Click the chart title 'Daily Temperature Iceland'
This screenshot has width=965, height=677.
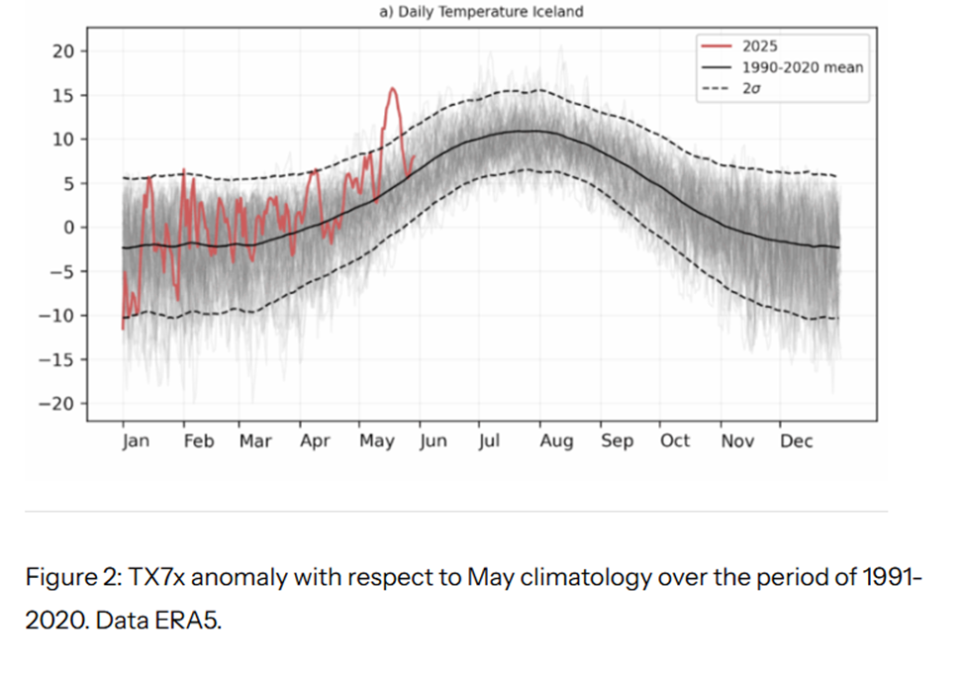click(x=490, y=12)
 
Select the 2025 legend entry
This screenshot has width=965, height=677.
click(x=759, y=47)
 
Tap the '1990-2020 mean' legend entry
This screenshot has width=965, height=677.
click(x=802, y=67)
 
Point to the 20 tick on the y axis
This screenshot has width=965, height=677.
click(x=62, y=51)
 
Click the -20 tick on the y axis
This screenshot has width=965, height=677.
click(x=58, y=404)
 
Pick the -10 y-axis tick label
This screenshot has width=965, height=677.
click(x=58, y=316)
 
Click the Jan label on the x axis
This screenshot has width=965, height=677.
click(x=136, y=441)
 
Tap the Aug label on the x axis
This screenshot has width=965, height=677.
click(x=556, y=441)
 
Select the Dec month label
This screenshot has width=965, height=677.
click(x=796, y=441)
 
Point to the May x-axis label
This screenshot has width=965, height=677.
click(x=377, y=441)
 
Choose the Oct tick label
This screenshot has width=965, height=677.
click(x=675, y=441)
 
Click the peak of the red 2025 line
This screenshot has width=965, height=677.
click(x=393, y=89)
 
